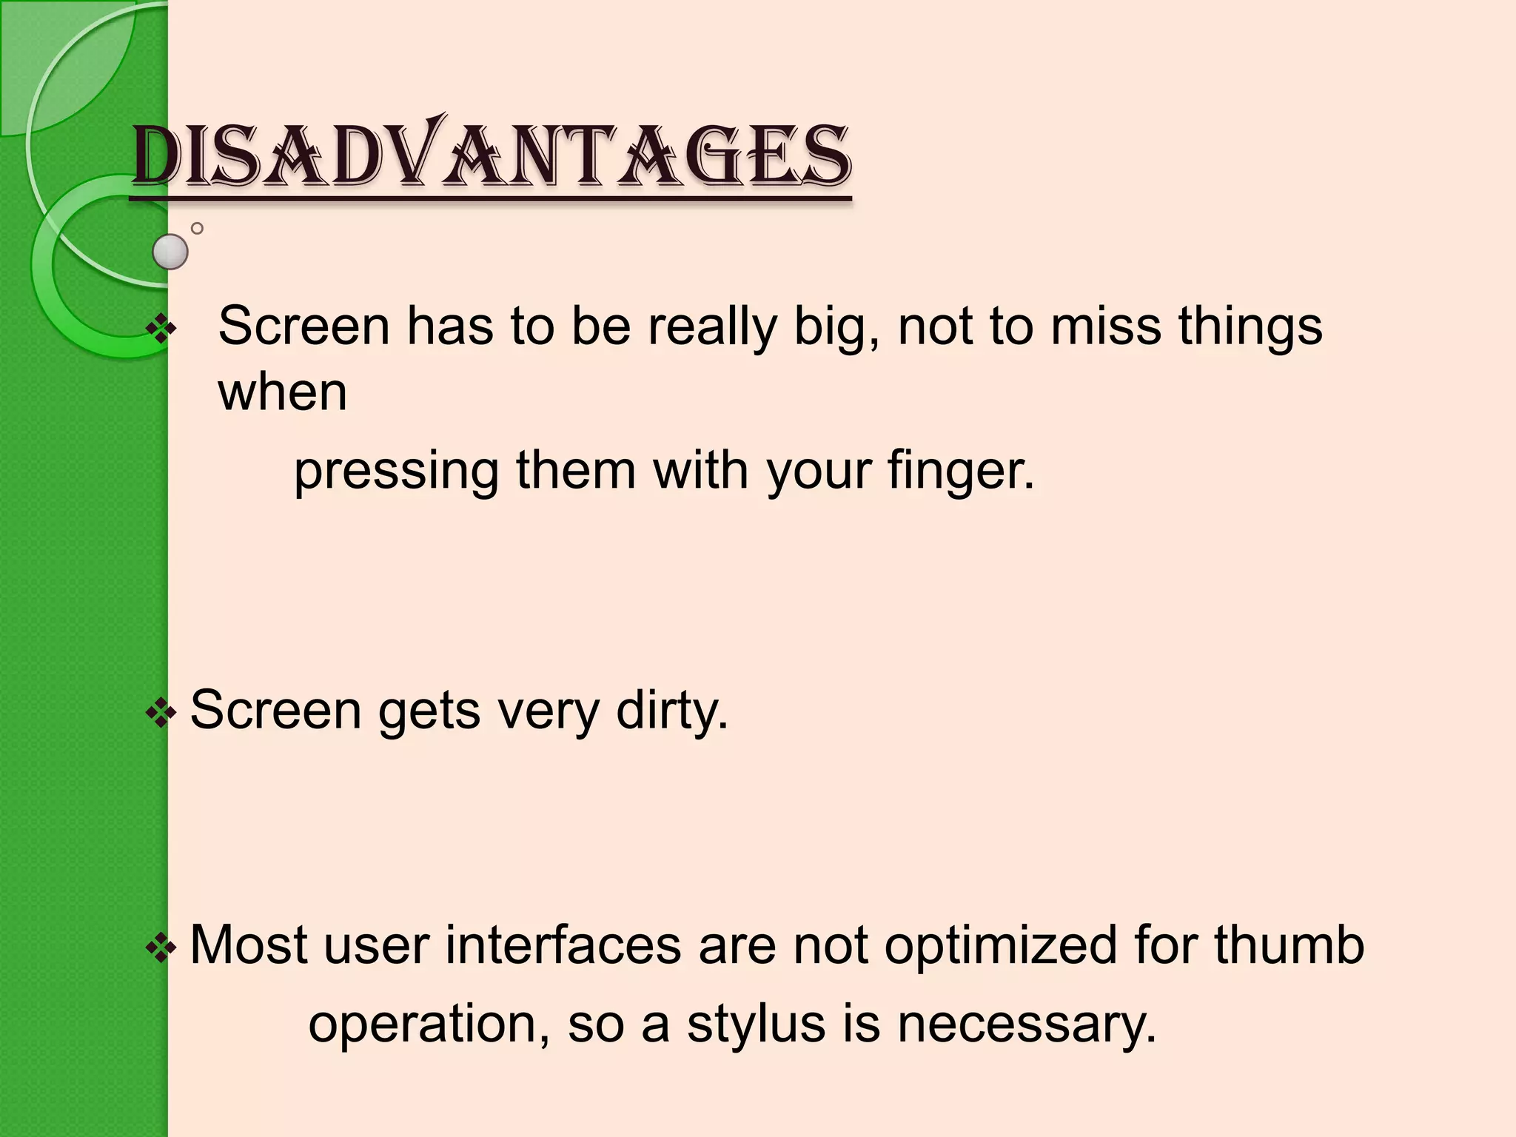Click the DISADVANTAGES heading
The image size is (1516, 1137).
coord(492,155)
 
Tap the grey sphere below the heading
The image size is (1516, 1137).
coord(170,252)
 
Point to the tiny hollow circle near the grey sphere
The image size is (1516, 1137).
coord(197,229)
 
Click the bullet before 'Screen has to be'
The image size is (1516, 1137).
coord(161,328)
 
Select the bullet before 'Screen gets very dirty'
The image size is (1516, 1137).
coord(161,714)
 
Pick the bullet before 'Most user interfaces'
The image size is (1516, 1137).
coord(161,947)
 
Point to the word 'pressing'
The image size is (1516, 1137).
coord(397,472)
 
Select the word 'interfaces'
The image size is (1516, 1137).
coord(563,945)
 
